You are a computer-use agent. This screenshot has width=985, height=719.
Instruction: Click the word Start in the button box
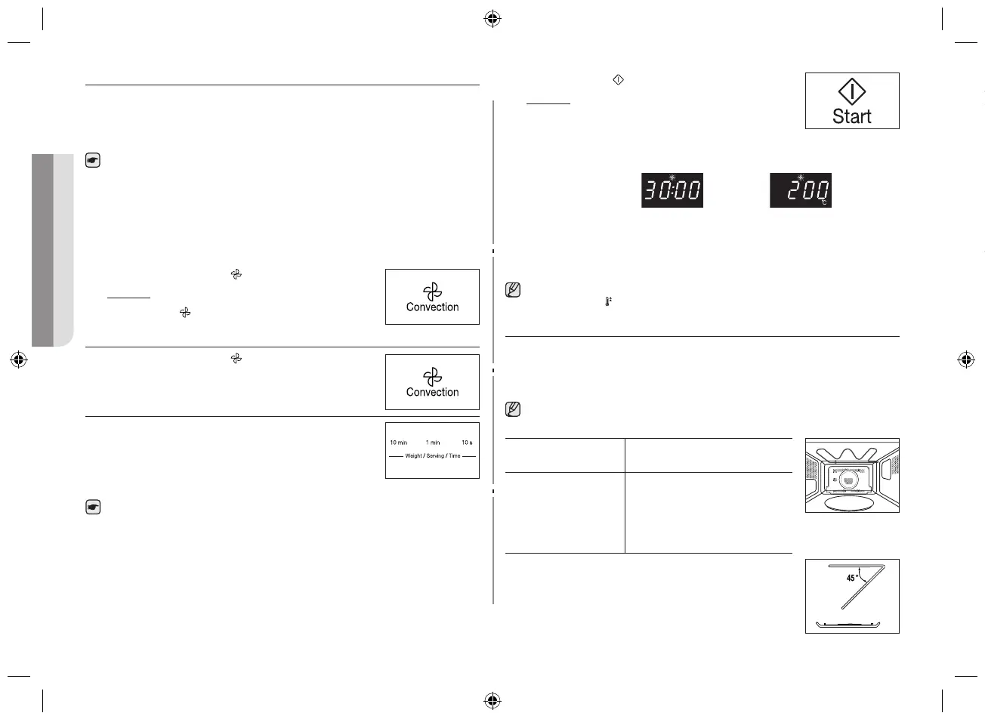[851, 116]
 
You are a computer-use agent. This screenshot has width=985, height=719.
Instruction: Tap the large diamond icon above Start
[852, 92]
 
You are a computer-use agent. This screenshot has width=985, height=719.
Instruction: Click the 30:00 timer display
[672, 190]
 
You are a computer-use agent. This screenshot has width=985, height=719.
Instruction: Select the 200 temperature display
[801, 190]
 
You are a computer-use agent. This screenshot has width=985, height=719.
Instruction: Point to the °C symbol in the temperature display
[825, 202]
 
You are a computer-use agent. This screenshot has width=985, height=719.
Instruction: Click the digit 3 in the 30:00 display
[650, 192]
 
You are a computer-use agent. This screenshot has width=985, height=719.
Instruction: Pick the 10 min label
[398, 443]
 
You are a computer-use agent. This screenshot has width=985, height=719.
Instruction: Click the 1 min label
[433, 443]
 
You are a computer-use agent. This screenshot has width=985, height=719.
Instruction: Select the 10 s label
[467, 443]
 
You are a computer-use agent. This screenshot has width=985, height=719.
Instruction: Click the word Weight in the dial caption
[414, 456]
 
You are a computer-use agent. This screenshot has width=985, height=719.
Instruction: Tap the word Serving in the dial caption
[435, 456]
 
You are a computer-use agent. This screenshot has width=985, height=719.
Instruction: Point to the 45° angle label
[853, 578]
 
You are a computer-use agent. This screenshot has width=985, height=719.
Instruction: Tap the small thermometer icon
[607, 301]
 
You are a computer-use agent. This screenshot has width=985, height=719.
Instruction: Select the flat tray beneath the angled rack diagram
[851, 625]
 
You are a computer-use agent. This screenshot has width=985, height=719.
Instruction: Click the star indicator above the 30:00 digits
[672, 177]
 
